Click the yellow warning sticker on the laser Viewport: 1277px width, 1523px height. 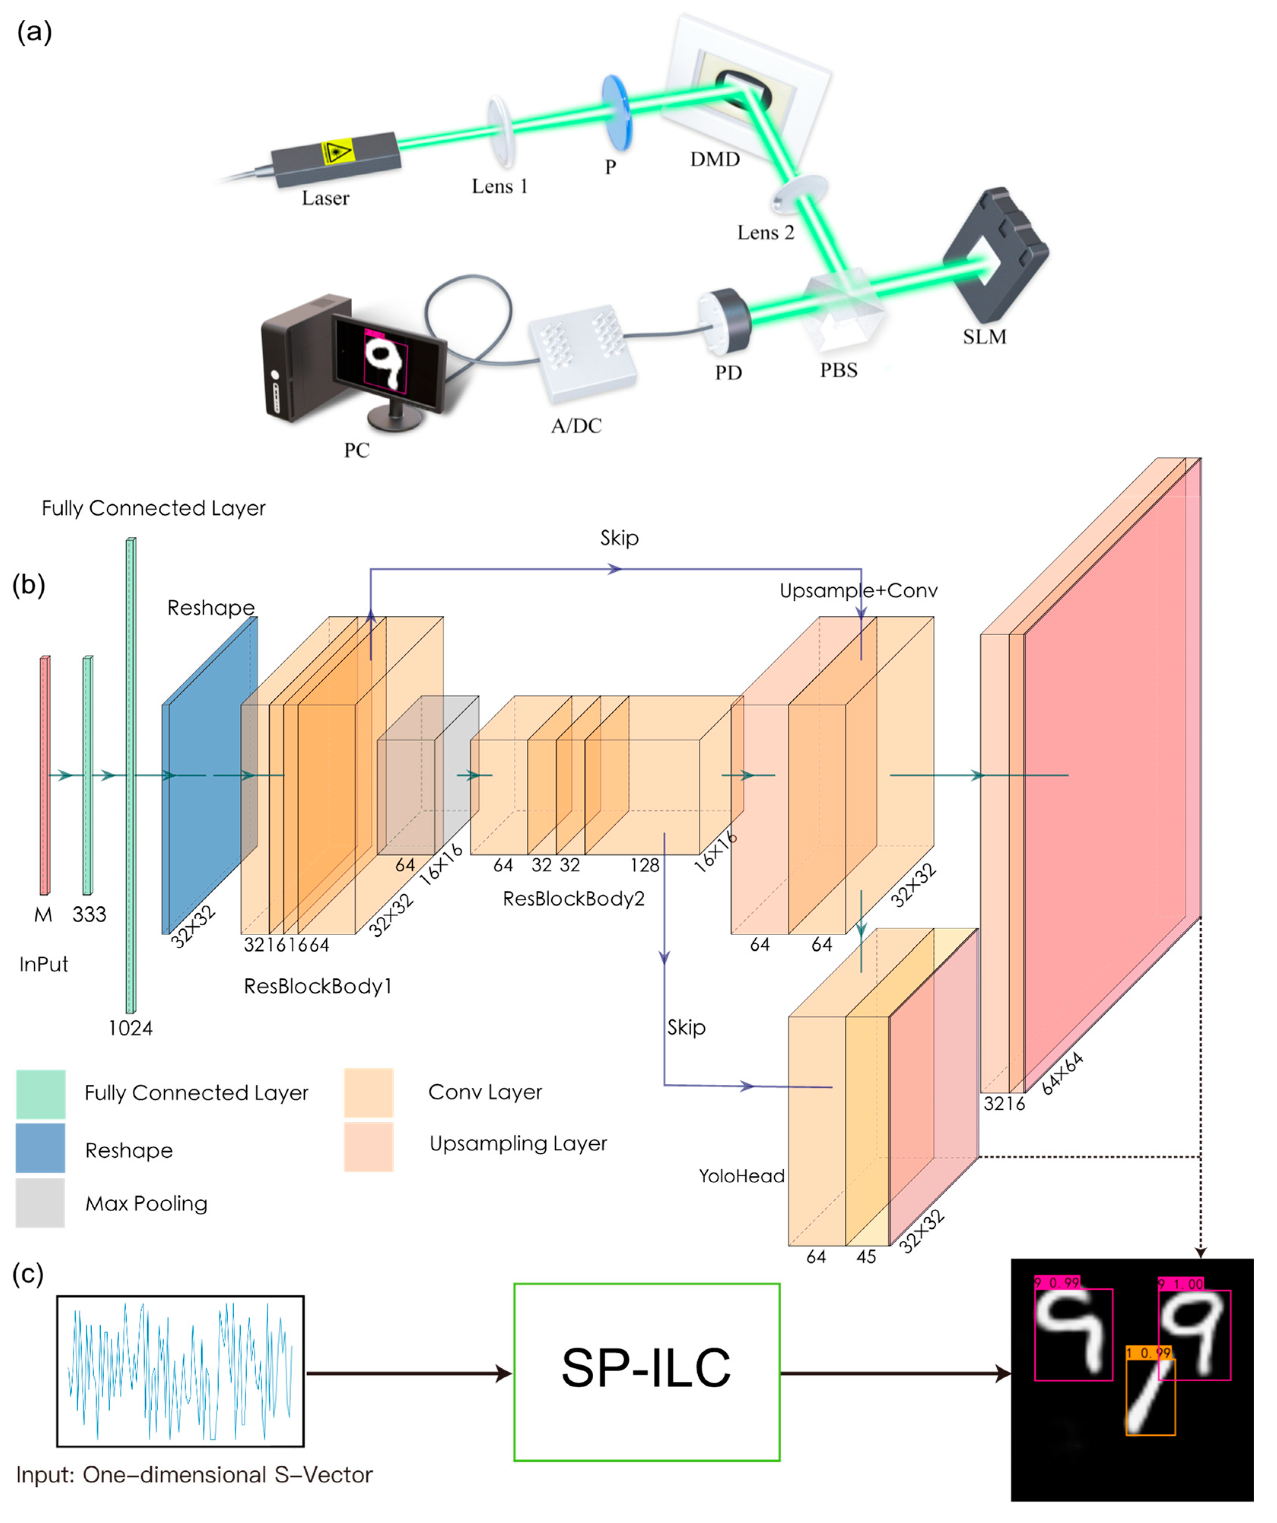coord(337,152)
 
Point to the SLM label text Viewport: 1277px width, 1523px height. coord(985,336)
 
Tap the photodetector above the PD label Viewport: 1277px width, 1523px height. coord(724,319)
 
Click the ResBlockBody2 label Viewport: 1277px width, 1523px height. coord(573,899)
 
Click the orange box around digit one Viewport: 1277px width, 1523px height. coord(1150,1396)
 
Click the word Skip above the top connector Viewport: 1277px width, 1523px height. coord(619,538)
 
